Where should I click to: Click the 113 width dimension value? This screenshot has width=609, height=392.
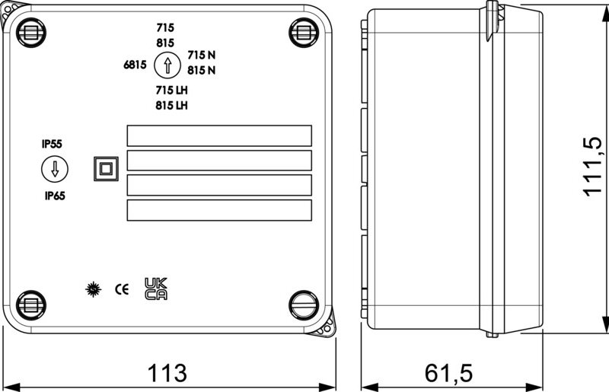click(167, 373)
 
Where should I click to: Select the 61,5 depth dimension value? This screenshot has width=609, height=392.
click(448, 373)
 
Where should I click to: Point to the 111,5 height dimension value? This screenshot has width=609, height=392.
click(592, 167)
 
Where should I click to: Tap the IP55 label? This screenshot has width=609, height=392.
click(52, 144)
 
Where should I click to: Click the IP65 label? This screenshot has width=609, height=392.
click(55, 196)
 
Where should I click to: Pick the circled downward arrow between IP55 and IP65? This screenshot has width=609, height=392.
click(55, 170)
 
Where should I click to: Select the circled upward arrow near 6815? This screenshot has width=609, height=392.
click(167, 65)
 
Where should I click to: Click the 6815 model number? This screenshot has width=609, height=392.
click(136, 65)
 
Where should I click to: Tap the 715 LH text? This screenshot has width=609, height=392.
click(172, 90)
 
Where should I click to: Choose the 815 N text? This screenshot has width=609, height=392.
click(202, 70)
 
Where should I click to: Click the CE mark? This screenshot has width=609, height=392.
click(122, 289)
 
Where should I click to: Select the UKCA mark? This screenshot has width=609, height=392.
click(156, 288)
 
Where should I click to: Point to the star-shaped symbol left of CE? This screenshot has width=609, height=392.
click(93, 289)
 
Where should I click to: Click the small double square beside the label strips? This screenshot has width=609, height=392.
click(106, 169)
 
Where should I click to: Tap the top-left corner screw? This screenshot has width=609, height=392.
click(31, 33)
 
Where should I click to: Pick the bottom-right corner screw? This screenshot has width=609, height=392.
click(304, 305)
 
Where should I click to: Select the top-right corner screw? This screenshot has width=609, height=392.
click(304, 33)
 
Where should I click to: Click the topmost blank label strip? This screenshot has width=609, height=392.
click(219, 135)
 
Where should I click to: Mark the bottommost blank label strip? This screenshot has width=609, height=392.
click(219, 210)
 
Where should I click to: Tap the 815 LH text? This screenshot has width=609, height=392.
click(172, 105)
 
